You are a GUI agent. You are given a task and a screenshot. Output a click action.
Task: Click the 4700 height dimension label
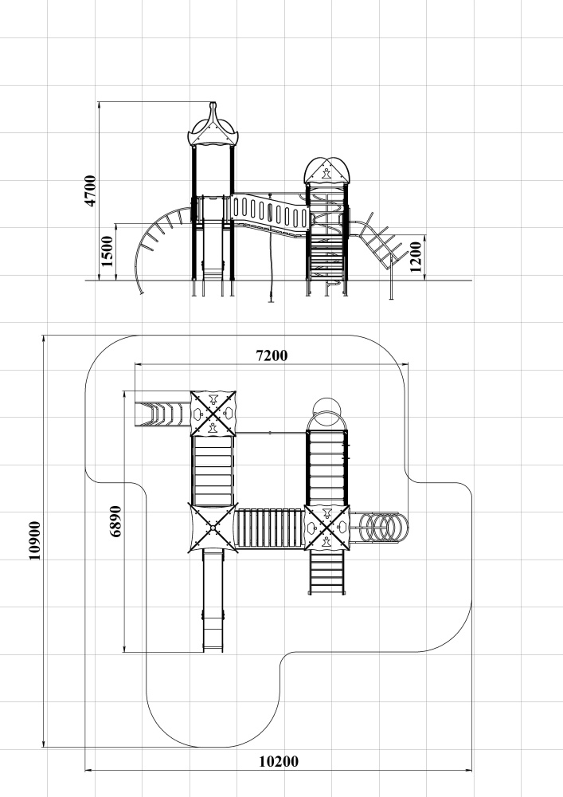tap(90, 190)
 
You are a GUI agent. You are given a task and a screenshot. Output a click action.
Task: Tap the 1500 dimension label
tap(108, 251)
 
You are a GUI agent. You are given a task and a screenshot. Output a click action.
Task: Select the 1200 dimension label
tap(415, 257)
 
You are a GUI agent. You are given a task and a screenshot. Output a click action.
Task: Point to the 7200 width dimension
tap(272, 355)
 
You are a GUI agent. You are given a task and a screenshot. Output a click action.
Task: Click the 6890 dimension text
tap(115, 521)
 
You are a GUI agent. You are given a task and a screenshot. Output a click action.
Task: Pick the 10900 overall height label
tap(34, 540)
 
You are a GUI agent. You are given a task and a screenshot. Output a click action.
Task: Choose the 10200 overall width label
tap(279, 761)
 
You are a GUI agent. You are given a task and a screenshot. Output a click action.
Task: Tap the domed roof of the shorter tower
tap(327, 171)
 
